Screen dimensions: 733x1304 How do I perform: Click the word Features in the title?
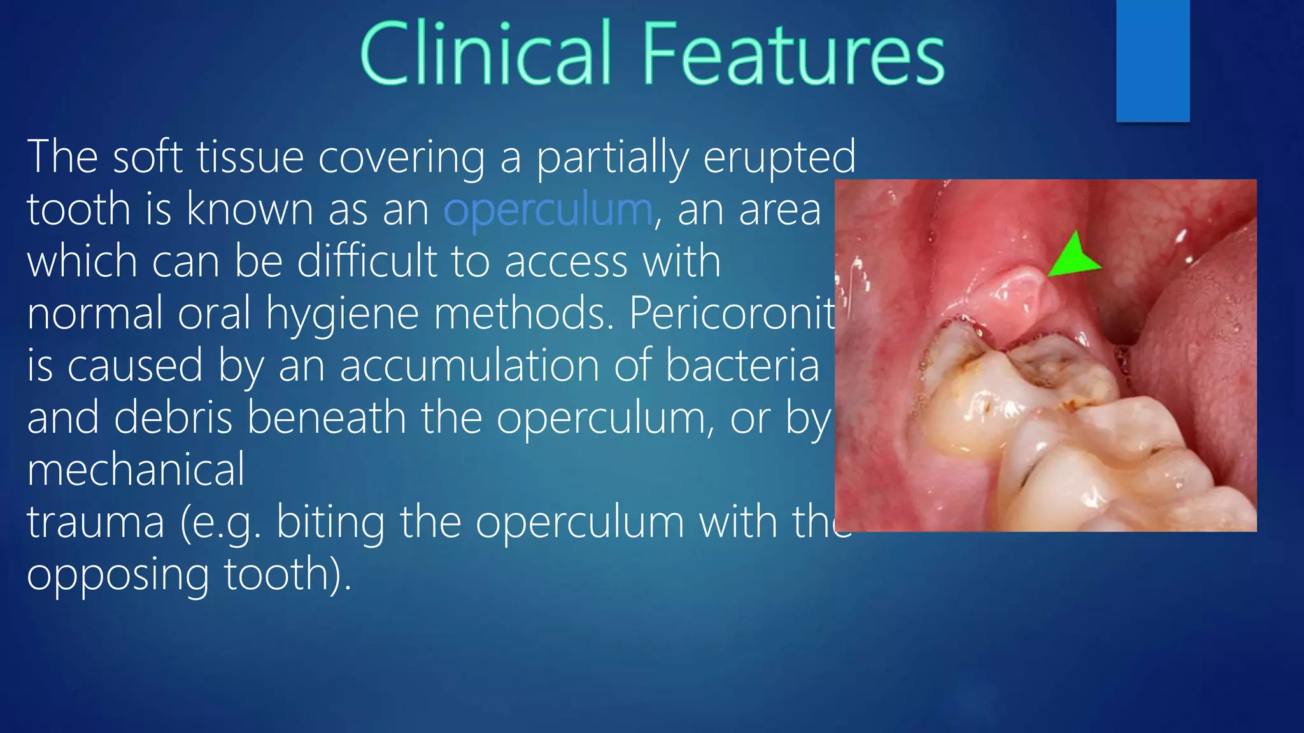(x=792, y=53)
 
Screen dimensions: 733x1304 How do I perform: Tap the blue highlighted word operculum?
(x=548, y=210)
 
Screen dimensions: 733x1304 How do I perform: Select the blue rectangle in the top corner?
(x=1152, y=60)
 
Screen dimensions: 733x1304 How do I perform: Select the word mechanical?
(x=136, y=471)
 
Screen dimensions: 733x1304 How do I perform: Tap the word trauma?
(x=96, y=523)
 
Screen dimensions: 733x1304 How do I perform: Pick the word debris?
(x=173, y=419)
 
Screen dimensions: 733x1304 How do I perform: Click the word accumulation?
(x=469, y=366)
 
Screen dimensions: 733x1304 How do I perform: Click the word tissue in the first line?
(x=250, y=158)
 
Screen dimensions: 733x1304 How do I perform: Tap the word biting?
(x=330, y=523)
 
